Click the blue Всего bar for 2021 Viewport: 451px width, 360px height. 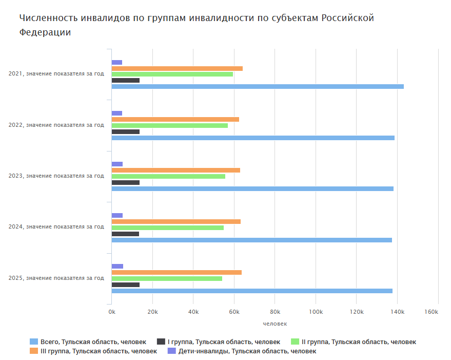click(x=257, y=86)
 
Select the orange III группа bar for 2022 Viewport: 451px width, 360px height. click(x=175, y=119)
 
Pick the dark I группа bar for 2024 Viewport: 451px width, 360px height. click(x=125, y=234)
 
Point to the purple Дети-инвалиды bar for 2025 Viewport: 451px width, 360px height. click(x=117, y=266)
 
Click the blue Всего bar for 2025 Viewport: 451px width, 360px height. click(x=251, y=291)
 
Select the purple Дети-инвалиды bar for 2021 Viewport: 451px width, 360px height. click(x=117, y=62)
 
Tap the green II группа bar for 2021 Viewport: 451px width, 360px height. click(x=172, y=74)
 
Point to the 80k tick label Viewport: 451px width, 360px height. click(x=274, y=312)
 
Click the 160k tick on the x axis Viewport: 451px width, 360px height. click(x=431, y=312)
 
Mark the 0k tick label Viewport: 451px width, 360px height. click(x=112, y=312)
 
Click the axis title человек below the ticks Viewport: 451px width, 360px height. click(x=274, y=324)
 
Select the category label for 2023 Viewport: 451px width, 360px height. click(x=56, y=176)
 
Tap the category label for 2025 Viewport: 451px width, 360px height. click(x=56, y=278)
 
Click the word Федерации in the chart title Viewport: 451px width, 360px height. click(x=45, y=32)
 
